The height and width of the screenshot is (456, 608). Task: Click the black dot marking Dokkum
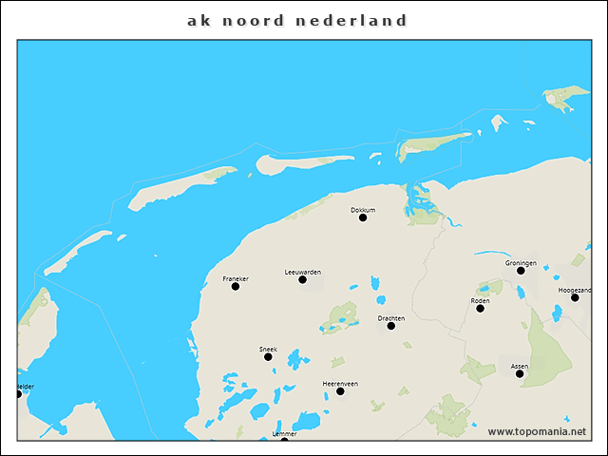pyautogui.click(x=362, y=218)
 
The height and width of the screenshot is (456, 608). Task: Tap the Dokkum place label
pyautogui.click(x=363, y=209)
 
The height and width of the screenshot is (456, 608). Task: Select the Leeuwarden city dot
pyautogui.click(x=302, y=279)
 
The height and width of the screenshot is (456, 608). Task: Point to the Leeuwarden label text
pyautogui.click(x=302, y=272)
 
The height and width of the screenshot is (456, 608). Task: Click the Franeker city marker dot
pyautogui.click(x=235, y=286)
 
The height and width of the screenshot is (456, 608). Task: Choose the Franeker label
pyautogui.click(x=235, y=278)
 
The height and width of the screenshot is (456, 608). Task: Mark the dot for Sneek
pyautogui.click(x=268, y=356)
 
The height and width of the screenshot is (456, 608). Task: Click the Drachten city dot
pyautogui.click(x=390, y=326)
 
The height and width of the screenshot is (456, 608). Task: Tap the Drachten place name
pyautogui.click(x=390, y=318)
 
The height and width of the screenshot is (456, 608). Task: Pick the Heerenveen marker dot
pyautogui.click(x=340, y=390)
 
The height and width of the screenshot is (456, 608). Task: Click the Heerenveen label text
pyautogui.click(x=340, y=383)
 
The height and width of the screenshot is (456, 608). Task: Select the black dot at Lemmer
pyautogui.click(x=284, y=440)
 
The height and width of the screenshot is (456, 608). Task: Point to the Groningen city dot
pyautogui.click(x=521, y=271)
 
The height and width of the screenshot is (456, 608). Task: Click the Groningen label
pyautogui.click(x=521, y=262)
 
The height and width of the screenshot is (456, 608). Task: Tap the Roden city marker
pyautogui.click(x=480, y=308)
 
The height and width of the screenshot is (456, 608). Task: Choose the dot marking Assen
pyautogui.click(x=520, y=373)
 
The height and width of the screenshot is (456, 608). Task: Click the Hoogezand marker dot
pyautogui.click(x=575, y=297)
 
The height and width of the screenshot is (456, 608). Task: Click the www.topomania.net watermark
pyautogui.click(x=537, y=431)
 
